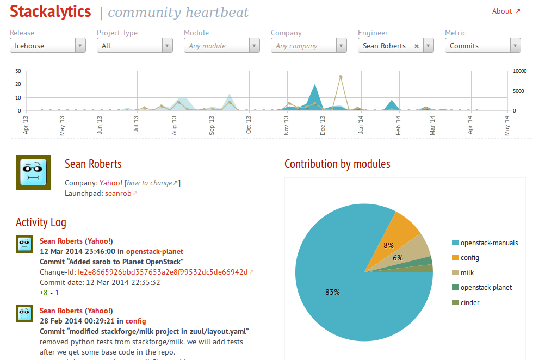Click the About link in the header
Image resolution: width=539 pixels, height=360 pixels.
(506, 11)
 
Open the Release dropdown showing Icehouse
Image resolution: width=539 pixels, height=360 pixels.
(48, 46)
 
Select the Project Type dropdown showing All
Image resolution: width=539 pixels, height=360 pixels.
(135, 46)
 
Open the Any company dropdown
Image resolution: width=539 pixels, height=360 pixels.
(309, 46)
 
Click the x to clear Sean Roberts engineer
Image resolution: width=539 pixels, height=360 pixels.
(417, 46)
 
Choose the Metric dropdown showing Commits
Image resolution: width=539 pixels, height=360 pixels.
(483, 46)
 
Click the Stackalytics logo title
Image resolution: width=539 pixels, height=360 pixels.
(51, 11)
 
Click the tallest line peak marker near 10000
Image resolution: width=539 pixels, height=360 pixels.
(340, 77)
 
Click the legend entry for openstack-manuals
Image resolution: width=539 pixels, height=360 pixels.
(489, 243)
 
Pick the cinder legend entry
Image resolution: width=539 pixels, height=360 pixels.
(469, 302)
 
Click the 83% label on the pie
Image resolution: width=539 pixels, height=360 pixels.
(332, 292)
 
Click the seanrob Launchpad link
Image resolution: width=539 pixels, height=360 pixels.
(118, 193)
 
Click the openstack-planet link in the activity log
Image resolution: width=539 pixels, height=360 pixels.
(154, 251)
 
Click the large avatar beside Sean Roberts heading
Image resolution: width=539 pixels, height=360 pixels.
(33, 172)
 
